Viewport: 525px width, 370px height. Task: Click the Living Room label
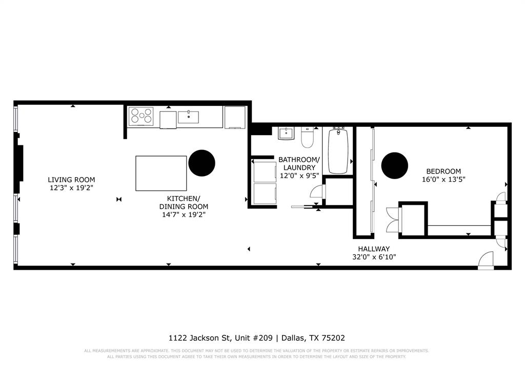71,180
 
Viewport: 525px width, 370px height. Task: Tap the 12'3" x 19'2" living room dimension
71,188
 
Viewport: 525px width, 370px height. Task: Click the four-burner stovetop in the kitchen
141,116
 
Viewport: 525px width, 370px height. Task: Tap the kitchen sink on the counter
189,117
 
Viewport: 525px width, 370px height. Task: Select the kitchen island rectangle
161,173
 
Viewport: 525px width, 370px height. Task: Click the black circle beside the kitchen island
201,163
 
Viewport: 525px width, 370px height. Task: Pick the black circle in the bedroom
395,166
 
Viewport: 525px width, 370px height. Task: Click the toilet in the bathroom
307,137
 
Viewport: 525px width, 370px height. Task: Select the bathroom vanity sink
286,133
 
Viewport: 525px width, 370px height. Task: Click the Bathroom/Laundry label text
299,163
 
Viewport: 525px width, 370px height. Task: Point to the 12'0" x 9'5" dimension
299,175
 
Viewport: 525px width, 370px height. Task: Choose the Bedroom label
443,171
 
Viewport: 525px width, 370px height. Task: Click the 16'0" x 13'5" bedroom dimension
443,180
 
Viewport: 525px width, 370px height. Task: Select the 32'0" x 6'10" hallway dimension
374,257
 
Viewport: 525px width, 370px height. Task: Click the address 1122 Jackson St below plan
200,338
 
